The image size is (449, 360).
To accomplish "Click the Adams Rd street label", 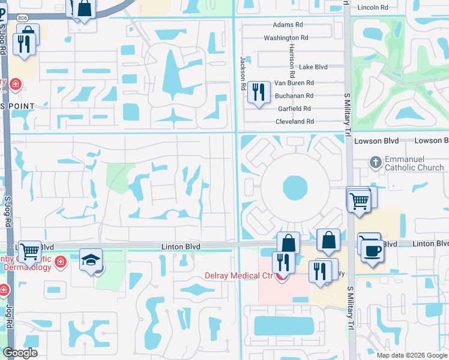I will pos(289,25).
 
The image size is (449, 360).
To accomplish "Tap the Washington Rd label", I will pos(286,38).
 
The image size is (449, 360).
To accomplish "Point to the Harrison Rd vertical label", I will pos(292,60).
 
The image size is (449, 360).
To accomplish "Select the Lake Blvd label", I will pos(313,67).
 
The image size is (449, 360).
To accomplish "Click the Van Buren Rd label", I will pos(294,83).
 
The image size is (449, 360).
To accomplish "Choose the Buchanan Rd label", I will pos(294,96).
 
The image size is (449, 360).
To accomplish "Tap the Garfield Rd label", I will pos(294,109).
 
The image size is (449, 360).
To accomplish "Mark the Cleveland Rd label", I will pos(294,121).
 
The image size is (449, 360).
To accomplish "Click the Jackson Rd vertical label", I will pos(244,73).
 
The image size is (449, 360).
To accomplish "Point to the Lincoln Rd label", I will pos(373,7).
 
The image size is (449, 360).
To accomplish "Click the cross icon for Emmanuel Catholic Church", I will pos(375,162).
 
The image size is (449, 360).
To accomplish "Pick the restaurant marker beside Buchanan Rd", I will pos(259,92).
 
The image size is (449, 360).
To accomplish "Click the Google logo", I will pos(20,353).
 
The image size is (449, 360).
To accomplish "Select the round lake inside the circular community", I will pos(294,188).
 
